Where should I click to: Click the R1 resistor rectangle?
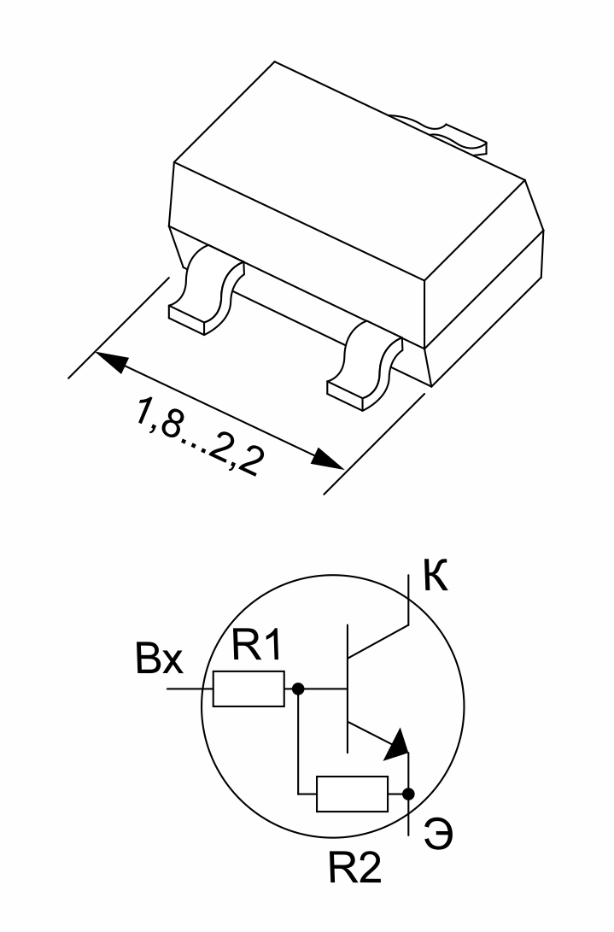click(249, 689)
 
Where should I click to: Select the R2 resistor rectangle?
click(352, 794)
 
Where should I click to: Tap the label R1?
click(256, 645)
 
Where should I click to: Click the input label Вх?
click(160, 658)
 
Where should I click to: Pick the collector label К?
click(436, 575)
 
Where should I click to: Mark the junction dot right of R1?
click(298, 689)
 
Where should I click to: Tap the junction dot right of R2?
click(407, 794)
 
